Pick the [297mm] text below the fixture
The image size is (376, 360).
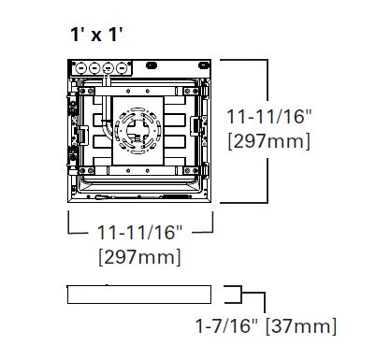140,255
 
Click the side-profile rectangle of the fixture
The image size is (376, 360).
140,293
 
